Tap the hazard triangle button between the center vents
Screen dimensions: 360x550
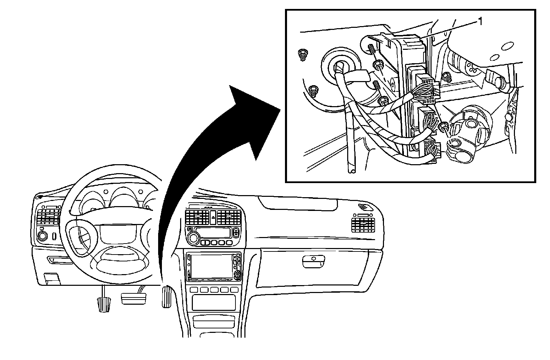point(213,218)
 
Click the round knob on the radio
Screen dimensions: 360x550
point(193,237)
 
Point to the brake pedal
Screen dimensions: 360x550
point(133,298)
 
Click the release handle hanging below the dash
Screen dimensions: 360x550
point(103,304)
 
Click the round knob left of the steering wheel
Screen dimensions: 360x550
point(43,236)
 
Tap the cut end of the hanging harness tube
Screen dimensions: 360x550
point(351,171)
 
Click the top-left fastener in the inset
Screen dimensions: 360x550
point(302,54)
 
